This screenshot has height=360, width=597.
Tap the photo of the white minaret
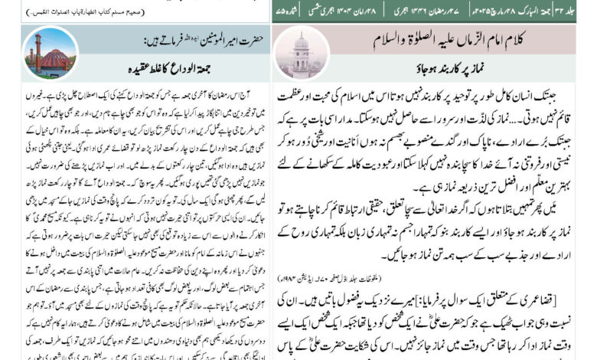(300, 51)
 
